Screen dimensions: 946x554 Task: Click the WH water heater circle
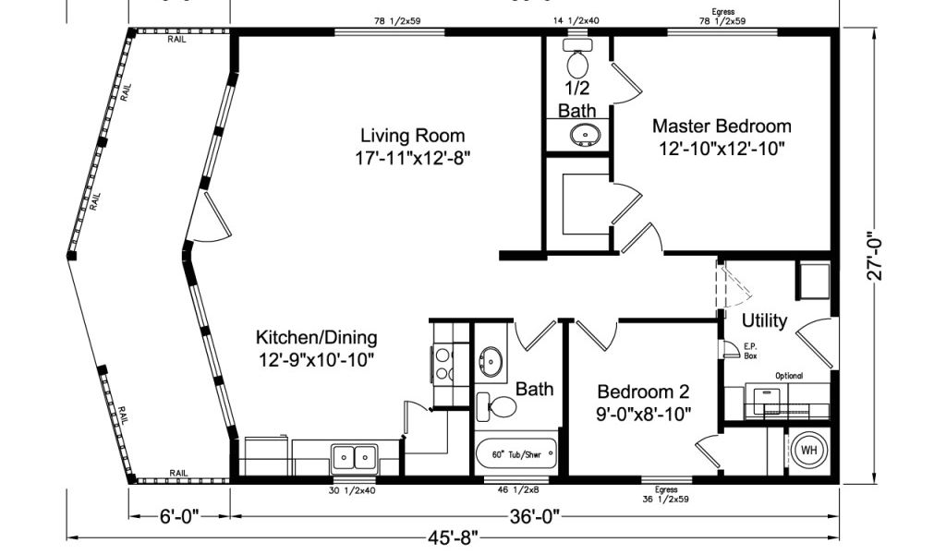809,451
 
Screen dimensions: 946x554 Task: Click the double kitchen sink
354,458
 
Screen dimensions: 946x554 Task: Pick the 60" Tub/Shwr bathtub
515,455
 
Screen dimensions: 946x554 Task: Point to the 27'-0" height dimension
875,256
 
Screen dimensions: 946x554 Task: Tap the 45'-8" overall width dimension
453,536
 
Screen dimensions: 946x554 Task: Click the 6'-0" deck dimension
179,516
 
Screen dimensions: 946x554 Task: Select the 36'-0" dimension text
535,516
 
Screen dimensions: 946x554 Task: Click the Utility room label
764,320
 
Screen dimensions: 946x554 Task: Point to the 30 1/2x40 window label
352,490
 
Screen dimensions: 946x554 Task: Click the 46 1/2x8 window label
518,490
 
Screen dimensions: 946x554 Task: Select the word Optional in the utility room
789,376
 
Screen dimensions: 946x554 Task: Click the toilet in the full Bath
496,407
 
